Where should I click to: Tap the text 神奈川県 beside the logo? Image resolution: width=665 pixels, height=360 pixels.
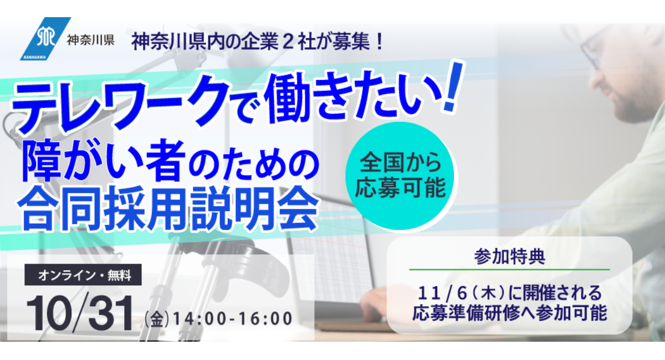click(90, 41)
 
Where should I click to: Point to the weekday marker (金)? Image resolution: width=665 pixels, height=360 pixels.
click(157, 320)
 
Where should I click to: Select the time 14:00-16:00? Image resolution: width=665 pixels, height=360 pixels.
click(232, 319)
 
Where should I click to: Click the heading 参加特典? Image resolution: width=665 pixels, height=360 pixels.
click(509, 256)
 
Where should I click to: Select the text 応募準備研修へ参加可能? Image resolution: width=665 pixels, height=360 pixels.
click(509, 312)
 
